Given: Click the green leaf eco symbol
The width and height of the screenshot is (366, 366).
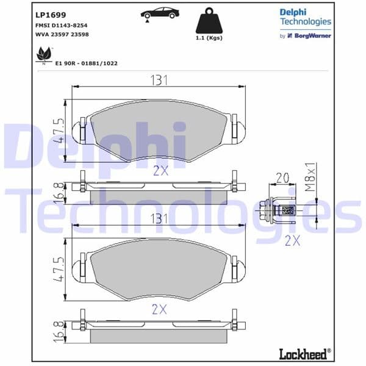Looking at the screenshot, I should (x=43, y=56).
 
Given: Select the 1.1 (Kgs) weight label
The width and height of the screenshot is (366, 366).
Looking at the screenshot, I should (x=209, y=38).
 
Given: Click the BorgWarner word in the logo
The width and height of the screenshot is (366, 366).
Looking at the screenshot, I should (x=314, y=36).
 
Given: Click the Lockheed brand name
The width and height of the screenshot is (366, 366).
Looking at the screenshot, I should (x=307, y=353).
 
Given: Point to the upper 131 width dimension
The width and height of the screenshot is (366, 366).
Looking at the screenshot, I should (x=159, y=80).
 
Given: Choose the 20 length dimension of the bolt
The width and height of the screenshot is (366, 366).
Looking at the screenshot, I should (x=282, y=178).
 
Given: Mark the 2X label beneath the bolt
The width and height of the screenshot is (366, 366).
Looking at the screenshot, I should (x=293, y=240).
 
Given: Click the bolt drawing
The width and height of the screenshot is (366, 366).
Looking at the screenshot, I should (x=278, y=211).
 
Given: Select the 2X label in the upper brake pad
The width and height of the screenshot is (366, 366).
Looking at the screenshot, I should (x=160, y=170).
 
